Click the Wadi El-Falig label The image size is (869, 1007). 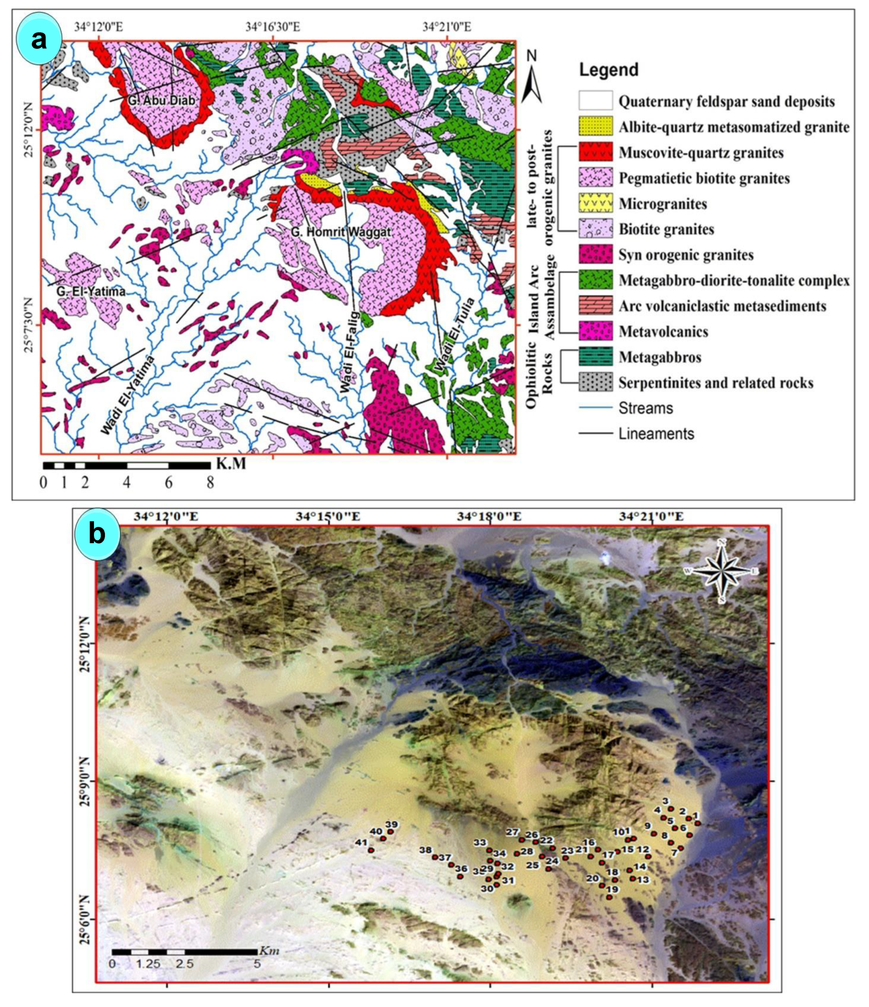pyautogui.click(x=349, y=352)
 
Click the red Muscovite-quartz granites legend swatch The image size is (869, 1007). pyautogui.click(x=595, y=153)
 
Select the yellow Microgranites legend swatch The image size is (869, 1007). pyautogui.click(x=595, y=204)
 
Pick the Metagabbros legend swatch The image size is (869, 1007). pyautogui.click(x=595, y=357)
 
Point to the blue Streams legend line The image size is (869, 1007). pyautogui.click(x=595, y=408)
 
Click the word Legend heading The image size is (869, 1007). pyautogui.click(x=608, y=70)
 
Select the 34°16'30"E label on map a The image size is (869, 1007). pyautogui.click(x=272, y=27)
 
